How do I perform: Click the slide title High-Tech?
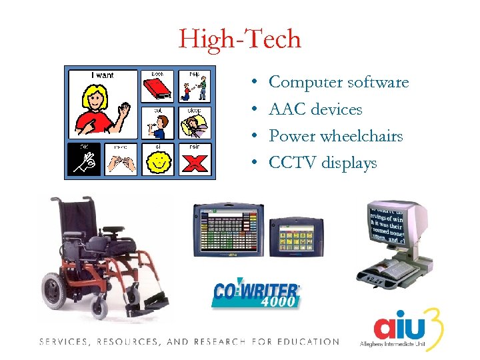pos(239,39)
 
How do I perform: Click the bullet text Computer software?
pos(338,83)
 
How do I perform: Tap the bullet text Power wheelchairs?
pos(335,136)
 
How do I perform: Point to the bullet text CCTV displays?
pos(322,163)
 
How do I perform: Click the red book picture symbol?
pos(157,88)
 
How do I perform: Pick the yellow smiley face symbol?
pos(158,161)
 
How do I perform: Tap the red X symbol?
pos(194,161)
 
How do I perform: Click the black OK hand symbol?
pos(85,161)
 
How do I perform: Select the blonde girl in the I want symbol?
pos(99,107)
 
